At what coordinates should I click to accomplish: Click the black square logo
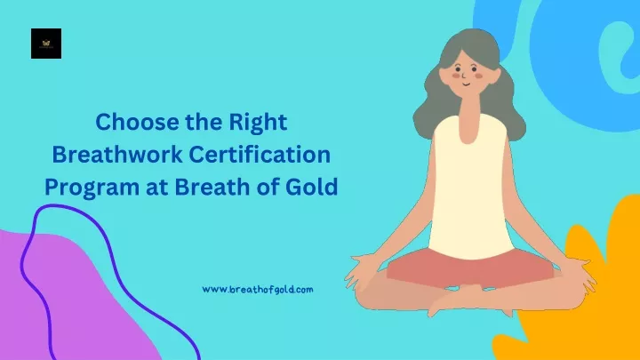click(46, 44)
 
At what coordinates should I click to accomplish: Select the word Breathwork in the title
click(117, 155)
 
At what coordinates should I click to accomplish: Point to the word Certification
click(260, 155)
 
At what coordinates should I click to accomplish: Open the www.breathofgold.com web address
click(258, 290)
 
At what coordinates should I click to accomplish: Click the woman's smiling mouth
click(467, 84)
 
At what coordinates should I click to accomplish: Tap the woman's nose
click(464, 76)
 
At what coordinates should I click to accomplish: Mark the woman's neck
click(468, 118)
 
